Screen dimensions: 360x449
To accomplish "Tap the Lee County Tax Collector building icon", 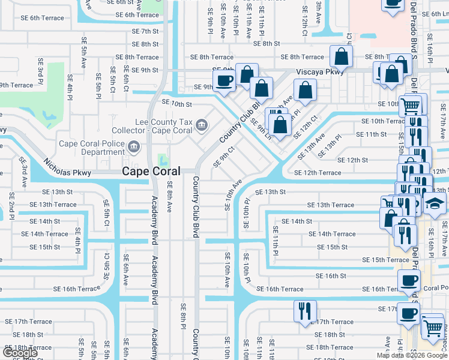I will pyautogui.click(x=202, y=125).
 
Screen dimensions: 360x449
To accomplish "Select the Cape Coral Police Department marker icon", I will pyautogui.click(x=134, y=145).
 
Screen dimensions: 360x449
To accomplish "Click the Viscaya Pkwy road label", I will pyautogui.click(x=321, y=70).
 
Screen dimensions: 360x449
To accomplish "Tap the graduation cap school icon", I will pyautogui.click(x=435, y=205).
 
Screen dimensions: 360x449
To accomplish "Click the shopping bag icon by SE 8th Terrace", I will pyautogui.click(x=341, y=56).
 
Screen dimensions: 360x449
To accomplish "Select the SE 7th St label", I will pyautogui.click(x=144, y=31).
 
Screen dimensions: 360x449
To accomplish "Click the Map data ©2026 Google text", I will pyautogui.click(x=412, y=355).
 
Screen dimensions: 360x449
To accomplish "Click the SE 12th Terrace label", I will pyautogui.click(x=318, y=173).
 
